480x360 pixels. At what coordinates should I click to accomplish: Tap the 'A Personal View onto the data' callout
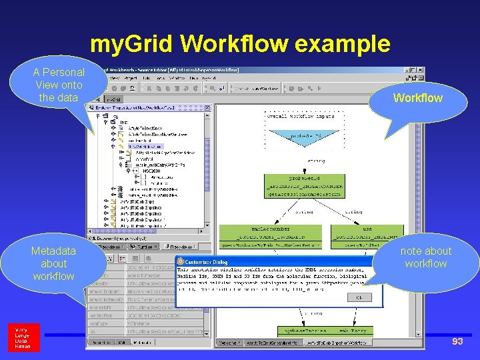tap(59, 85)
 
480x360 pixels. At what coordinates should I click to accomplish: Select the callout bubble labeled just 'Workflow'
tap(417, 98)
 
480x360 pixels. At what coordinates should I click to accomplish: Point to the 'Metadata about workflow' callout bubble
tap(53, 263)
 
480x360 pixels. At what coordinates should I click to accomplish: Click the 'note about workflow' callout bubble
tap(425, 257)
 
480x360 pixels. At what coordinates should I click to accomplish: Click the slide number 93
tap(457, 341)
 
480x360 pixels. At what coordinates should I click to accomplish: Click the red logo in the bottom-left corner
tap(23, 338)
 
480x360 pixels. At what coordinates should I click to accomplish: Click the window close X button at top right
tap(420, 69)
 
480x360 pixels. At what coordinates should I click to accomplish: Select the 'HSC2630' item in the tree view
tap(151, 171)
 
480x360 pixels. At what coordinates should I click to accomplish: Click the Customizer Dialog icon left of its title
tap(179, 263)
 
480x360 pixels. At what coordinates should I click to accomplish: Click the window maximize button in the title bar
tap(412, 69)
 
